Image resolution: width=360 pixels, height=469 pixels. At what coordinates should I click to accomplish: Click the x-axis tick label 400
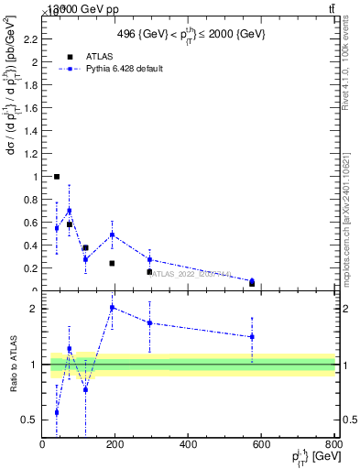pyautogui.click(x=189, y=445)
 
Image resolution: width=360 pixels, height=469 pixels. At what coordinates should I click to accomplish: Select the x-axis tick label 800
pyautogui.click(x=333, y=445)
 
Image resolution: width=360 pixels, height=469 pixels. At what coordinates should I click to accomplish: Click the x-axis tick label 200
pyautogui.click(x=115, y=445)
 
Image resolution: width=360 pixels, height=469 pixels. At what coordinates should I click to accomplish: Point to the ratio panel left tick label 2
pyautogui.click(x=33, y=309)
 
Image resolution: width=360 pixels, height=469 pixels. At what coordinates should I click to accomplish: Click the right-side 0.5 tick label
pyautogui.click(x=348, y=420)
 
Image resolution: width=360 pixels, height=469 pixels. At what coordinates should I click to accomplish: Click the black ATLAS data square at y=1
pyautogui.click(x=57, y=177)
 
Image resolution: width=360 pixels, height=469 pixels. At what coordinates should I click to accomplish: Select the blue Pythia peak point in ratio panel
pyautogui.click(x=112, y=308)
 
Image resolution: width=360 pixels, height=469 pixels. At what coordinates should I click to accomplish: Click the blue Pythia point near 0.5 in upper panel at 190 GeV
pyautogui.click(x=112, y=234)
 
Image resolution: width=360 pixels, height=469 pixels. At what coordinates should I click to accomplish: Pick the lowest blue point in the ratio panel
pyautogui.click(x=57, y=412)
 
